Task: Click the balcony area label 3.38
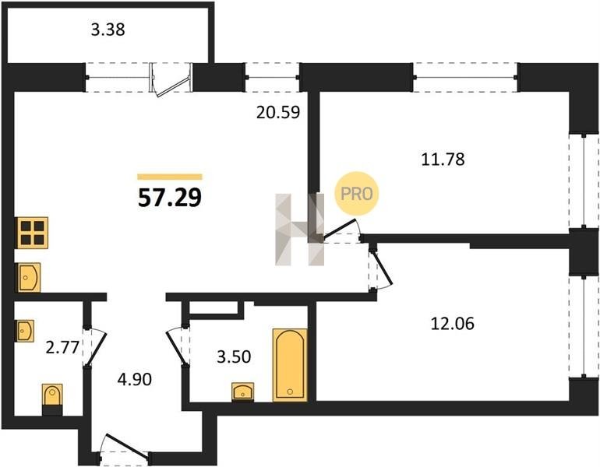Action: (108, 30)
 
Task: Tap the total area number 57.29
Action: (170, 198)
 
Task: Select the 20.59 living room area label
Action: (278, 112)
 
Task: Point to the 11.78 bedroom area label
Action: (443, 159)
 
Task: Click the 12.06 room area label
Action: (452, 324)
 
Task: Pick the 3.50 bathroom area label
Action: (234, 357)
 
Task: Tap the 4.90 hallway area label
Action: (135, 380)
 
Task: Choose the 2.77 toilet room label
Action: (62, 348)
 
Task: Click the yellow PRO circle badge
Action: (357, 193)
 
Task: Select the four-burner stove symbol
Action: (32, 233)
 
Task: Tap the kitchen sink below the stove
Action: (28, 277)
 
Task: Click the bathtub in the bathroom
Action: (290, 365)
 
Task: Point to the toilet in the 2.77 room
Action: (52, 399)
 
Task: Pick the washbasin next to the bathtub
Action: (243, 392)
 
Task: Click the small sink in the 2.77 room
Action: (24, 331)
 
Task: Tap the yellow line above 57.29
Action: (170, 177)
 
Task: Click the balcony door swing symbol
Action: (171, 79)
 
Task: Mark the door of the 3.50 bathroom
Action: (178, 346)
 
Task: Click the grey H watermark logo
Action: (300, 230)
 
